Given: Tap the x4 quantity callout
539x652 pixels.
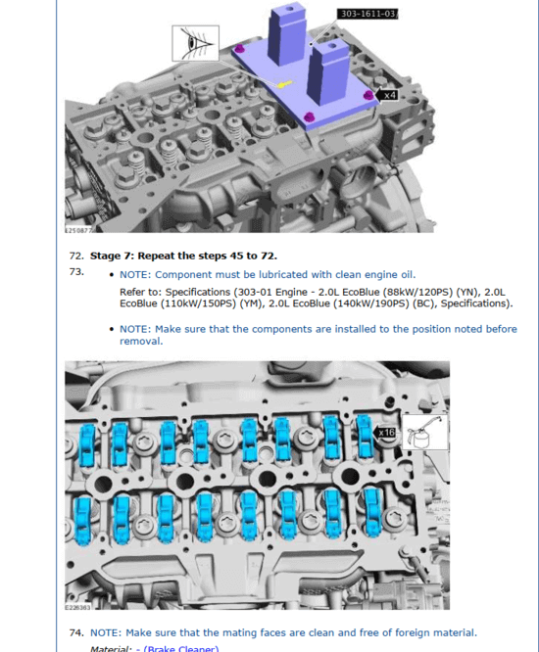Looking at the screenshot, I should tap(389, 95).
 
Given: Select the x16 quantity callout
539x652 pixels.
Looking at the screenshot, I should tap(387, 431).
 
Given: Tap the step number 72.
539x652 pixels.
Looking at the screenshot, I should tap(75, 256).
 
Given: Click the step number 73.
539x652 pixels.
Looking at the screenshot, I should tap(75, 271).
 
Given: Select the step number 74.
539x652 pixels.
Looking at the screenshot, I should tap(75, 632).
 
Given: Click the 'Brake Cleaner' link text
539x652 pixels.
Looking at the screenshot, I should tap(182, 647).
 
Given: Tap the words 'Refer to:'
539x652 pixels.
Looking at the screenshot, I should tap(140, 292).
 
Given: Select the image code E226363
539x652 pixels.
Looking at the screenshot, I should tap(78, 606).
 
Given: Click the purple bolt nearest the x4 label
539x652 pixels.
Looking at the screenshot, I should tap(368, 95).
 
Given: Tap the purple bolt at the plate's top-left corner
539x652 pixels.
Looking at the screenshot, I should tap(240, 49).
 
